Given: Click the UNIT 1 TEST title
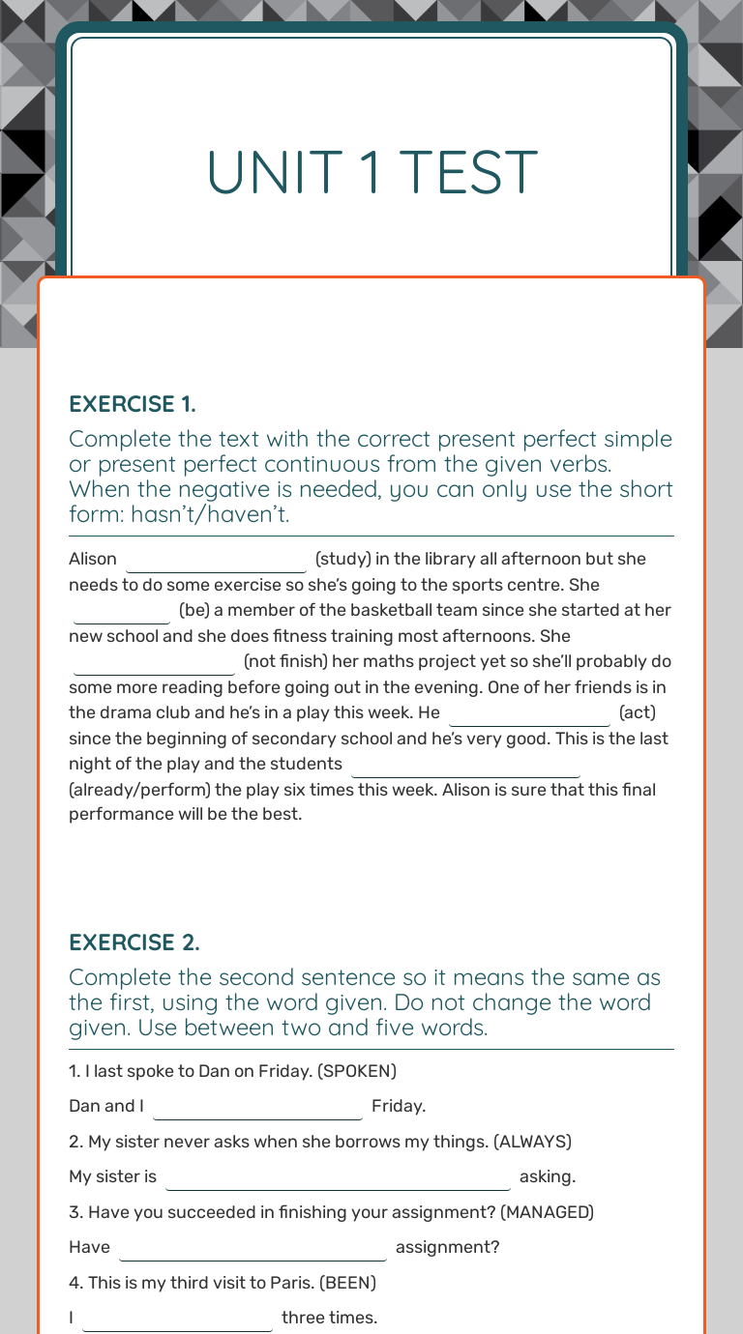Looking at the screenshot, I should point(371,172).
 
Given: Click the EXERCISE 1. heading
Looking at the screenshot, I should point(133,403).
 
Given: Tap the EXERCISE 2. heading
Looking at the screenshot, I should point(134,942).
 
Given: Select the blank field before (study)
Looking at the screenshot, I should point(216,560).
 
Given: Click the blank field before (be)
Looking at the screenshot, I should point(122,612).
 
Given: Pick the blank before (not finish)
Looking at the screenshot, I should point(154,663).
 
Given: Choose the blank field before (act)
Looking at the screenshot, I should point(529,714).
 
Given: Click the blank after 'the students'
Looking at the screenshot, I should point(465,765).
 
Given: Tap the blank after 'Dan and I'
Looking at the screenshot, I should point(257,1107).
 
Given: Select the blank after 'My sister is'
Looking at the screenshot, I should point(338,1177).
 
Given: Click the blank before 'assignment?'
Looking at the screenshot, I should point(253,1248).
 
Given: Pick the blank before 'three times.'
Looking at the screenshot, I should point(178,1319).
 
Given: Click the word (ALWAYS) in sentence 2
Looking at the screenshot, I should point(532,1142).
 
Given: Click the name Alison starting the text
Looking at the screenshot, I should point(93,559).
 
